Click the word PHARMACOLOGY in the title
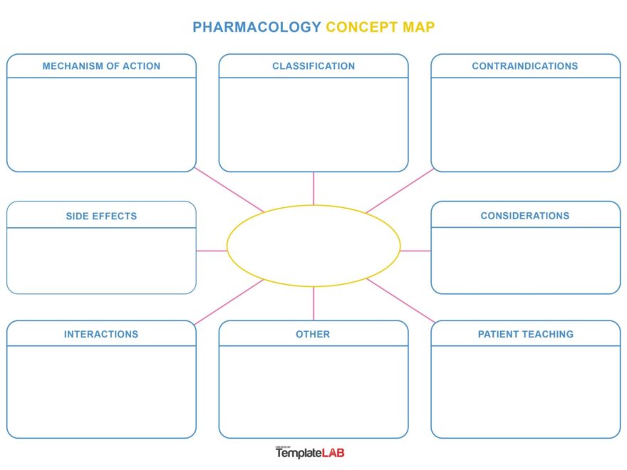256,27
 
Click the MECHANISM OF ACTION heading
101,66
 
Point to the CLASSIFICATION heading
313,66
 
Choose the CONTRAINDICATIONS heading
525,66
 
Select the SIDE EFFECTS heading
101,216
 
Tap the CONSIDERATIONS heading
525,216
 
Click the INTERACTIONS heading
101,334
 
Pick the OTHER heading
313,334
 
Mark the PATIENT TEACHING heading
525,334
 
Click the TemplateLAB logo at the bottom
310,452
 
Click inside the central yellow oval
313,246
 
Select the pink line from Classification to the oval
313,188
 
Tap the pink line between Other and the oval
313,303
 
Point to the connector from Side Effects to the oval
211,251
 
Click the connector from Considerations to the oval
415,251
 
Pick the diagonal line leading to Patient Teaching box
400,301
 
